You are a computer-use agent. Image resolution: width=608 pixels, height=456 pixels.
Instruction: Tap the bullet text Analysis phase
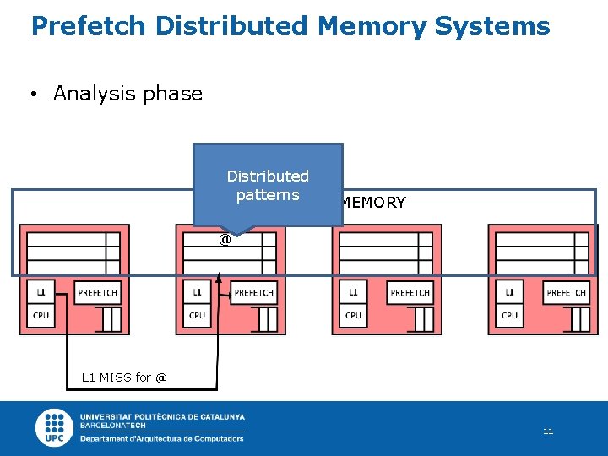point(128,94)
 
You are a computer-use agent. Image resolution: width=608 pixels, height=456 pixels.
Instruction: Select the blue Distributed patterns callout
point(268,185)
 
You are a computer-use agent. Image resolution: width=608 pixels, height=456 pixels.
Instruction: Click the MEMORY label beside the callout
point(374,203)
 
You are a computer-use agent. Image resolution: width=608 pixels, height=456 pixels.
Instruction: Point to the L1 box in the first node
point(41,292)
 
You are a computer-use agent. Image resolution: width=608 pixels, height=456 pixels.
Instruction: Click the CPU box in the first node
point(41,316)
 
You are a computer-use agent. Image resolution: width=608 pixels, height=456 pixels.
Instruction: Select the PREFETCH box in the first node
point(98,293)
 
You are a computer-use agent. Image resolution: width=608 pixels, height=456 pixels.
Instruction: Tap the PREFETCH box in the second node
point(254,293)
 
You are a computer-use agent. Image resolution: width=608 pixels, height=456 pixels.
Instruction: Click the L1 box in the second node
point(197,292)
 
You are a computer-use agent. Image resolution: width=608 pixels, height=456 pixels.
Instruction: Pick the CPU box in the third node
point(353,316)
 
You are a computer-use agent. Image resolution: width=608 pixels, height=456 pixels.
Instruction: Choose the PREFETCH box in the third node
point(410,293)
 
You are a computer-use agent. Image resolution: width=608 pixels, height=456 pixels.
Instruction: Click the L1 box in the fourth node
point(509,292)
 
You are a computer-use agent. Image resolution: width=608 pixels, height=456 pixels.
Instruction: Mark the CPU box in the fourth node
point(509,316)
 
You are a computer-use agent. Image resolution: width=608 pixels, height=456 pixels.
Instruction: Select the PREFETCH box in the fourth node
point(567,293)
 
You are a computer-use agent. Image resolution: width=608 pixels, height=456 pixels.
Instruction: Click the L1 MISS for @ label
point(124,377)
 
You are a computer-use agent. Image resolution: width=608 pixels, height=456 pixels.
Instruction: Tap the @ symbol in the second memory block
point(225,240)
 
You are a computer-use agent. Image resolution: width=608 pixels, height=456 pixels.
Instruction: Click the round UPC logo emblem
point(55,427)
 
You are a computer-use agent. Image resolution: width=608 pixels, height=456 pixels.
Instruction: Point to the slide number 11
point(548,432)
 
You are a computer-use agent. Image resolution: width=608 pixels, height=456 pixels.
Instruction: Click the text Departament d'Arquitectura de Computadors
point(162,438)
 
